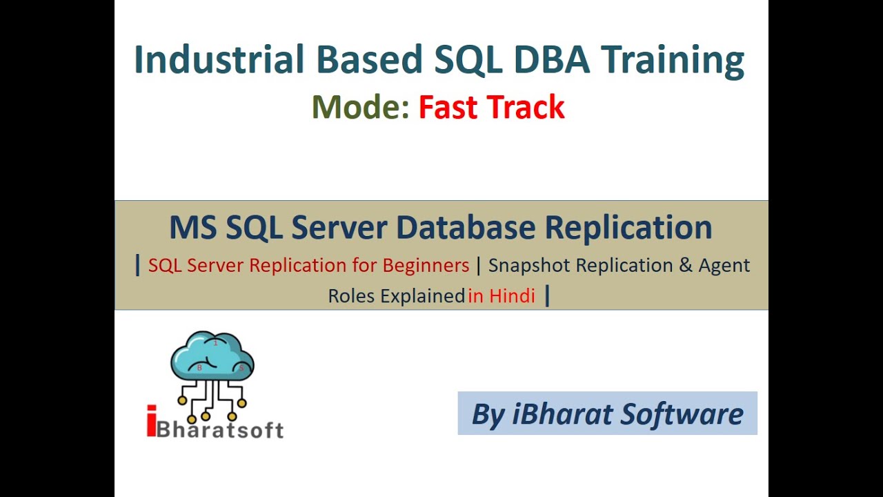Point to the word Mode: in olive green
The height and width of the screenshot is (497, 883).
click(x=360, y=108)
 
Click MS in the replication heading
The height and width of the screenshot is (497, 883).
click(x=192, y=228)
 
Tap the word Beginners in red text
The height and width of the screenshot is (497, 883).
click(x=426, y=265)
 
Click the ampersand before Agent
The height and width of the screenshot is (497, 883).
click(x=686, y=265)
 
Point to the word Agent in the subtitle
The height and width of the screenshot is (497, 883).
click(x=724, y=265)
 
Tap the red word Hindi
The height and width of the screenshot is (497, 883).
click(x=513, y=296)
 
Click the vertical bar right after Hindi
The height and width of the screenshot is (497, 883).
click(x=547, y=295)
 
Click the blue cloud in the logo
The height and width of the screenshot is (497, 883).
click(x=212, y=355)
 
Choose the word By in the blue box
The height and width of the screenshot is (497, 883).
click(x=488, y=414)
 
